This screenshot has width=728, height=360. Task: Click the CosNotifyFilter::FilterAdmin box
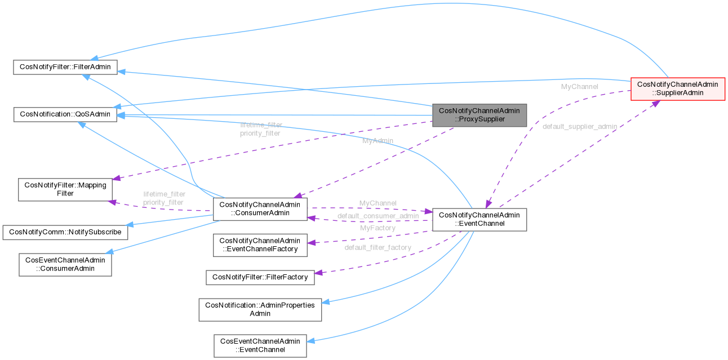coord(65,67)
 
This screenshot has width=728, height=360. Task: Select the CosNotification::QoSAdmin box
coord(65,114)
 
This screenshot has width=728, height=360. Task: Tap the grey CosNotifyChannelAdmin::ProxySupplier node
coord(480,115)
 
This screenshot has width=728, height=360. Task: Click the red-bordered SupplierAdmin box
coord(677,88)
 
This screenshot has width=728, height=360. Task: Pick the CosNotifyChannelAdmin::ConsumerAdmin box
coord(260,209)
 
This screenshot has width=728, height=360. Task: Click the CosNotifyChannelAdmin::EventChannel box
coord(479,219)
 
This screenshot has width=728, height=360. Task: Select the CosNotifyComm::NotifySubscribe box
coord(65,232)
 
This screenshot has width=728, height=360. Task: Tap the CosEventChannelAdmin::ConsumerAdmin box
coord(65,265)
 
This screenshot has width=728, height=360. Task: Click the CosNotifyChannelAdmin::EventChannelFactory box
coord(260,245)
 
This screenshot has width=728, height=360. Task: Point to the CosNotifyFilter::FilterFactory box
coord(260,277)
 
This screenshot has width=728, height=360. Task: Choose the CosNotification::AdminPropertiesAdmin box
coord(260,309)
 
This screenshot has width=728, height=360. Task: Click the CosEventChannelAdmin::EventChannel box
coord(260,345)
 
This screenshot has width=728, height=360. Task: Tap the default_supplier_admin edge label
coord(579,126)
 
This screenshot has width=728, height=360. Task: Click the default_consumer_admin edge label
coord(378,216)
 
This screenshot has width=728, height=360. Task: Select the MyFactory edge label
coord(378,228)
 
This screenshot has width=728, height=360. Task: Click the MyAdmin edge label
coord(378,140)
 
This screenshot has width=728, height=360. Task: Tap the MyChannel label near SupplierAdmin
coord(579,87)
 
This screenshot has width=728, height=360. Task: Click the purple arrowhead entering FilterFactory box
coord(318,273)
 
